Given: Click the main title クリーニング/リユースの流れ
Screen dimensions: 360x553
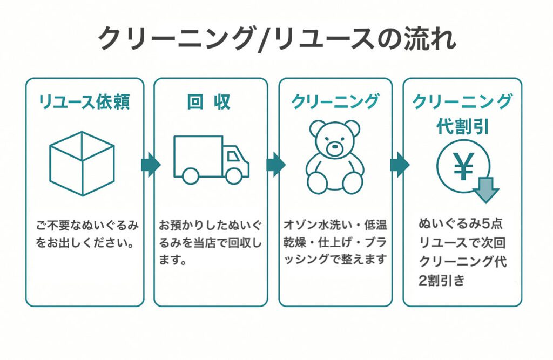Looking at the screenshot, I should pyautogui.click(x=276, y=39).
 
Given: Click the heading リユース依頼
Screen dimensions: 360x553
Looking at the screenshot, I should pyautogui.click(x=84, y=101).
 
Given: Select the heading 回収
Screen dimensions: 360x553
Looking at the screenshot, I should pyautogui.click(x=209, y=101).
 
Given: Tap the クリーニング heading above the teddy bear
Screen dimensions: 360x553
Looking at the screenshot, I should pyautogui.click(x=335, y=101).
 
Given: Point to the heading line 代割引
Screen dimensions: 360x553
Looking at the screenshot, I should pyautogui.click(x=462, y=127).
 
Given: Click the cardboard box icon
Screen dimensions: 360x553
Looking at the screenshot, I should pyautogui.click(x=82, y=163).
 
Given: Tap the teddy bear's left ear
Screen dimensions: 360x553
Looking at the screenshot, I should pyautogui.click(x=317, y=128).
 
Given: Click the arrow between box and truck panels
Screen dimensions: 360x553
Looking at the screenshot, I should pyautogui.click(x=150, y=165).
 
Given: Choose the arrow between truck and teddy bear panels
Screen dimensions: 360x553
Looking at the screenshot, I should pyautogui.click(x=275, y=165).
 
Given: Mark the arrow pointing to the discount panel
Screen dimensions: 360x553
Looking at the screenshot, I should pyautogui.click(x=399, y=165).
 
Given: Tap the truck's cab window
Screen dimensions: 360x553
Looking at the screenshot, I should pyautogui.click(x=234, y=157).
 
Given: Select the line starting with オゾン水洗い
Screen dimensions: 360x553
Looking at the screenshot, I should pyautogui.click(x=335, y=223).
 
